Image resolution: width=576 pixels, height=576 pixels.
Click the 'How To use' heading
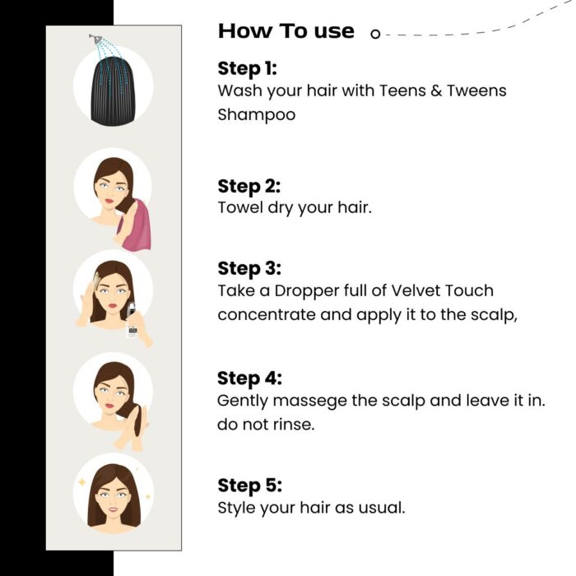(286, 31)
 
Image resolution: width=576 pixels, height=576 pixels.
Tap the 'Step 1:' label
(248, 67)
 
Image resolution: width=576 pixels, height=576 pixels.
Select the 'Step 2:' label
(249, 185)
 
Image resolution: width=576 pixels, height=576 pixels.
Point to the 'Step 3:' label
(249, 268)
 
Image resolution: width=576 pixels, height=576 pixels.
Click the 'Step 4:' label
(249, 378)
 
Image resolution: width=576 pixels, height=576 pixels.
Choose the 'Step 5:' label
(249, 485)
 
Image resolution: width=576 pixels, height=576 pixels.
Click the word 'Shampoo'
(256, 114)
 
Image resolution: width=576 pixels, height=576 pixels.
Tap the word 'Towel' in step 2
(239, 207)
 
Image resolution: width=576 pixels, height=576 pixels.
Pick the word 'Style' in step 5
(236, 507)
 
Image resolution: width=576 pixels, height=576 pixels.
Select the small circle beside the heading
(375, 34)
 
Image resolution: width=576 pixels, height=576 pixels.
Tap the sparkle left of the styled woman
(81, 482)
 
